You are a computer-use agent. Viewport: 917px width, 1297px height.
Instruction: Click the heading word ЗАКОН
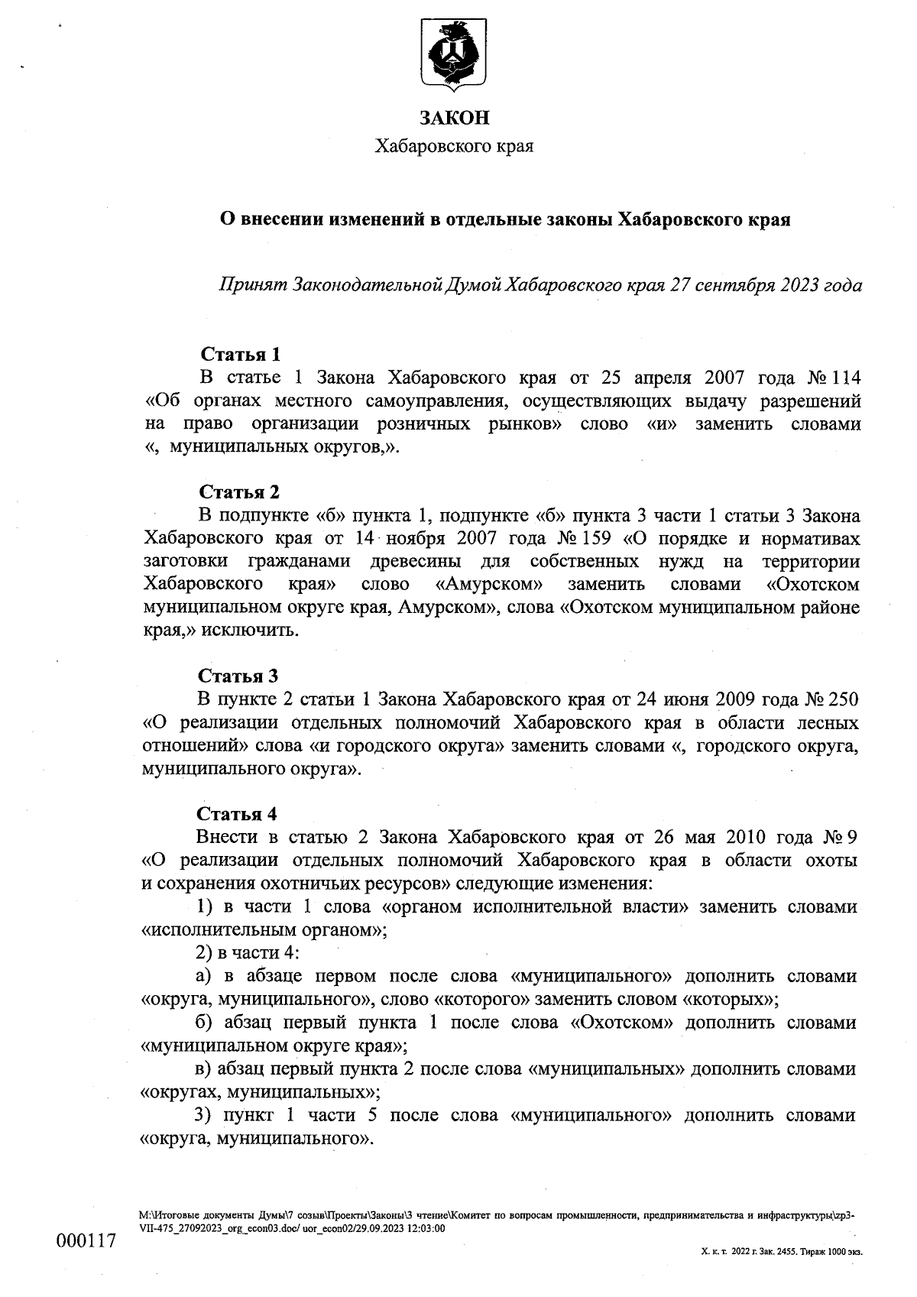(453, 118)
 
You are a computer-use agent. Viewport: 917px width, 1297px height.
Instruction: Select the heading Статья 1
(240, 354)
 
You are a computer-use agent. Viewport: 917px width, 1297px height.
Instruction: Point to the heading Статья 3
(238, 676)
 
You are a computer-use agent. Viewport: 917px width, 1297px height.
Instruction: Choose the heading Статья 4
(238, 812)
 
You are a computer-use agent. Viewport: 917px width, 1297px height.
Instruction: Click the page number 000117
(86, 1240)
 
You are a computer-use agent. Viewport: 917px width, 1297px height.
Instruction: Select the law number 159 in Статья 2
(595, 538)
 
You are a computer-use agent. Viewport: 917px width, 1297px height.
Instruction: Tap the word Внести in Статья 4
(222, 836)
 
